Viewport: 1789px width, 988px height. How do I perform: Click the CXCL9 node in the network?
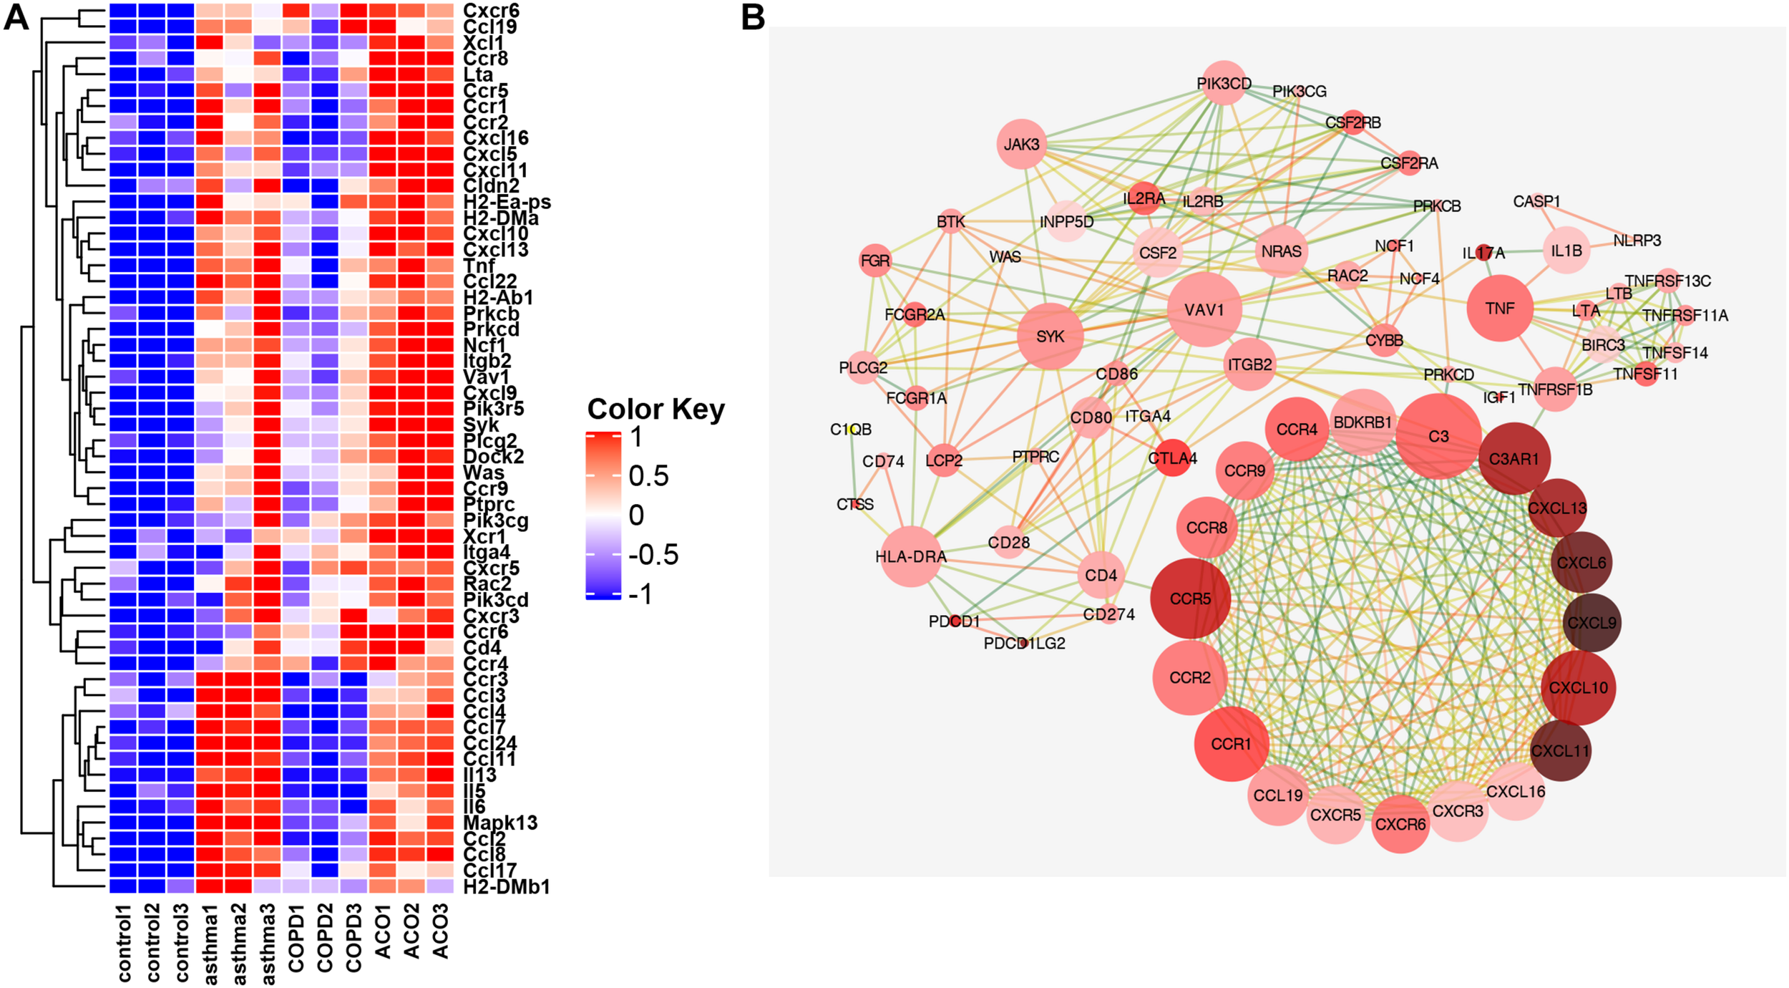click(x=1591, y=623)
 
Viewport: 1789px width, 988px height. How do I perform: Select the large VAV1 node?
click(x=1204, y=309)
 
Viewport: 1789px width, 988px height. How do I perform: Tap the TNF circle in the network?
click(x=1500, y=309)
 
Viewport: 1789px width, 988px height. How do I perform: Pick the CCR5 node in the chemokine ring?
click(x=1191, y=599)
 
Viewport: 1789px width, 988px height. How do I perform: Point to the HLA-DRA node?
click(x=911, y=556)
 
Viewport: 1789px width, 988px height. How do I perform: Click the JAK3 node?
click(x=1021, y=145)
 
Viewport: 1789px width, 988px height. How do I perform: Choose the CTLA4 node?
click(x=1172, y=458)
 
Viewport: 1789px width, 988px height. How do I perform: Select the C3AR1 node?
click(x=1513, y=459)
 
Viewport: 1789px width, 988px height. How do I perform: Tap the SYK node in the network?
click(x=1050, y=336)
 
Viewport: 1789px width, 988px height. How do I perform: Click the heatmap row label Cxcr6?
click(x=491, y=11)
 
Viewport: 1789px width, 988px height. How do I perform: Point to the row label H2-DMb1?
click(x=507, y=887)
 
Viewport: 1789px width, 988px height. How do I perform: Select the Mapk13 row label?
click(x=500, y=823)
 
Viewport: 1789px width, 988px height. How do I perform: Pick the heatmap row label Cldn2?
click(x=491, y=186)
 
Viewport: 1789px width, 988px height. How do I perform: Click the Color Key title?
click(x=655, y=410)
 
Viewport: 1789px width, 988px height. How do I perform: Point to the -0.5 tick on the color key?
click(x=653, y=555)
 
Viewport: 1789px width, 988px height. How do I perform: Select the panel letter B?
click(x=753, y=18)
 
